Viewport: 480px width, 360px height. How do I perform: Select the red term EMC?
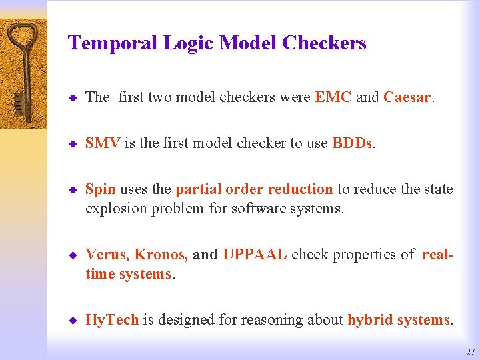click(x=333, y=97)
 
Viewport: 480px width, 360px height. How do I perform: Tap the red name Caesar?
click(x=407, y=97)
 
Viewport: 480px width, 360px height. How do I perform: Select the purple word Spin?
click(x=100, y=189)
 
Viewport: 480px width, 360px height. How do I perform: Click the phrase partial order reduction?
click(x=254, y=189)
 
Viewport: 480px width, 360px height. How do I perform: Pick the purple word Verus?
click(x=107, y=255)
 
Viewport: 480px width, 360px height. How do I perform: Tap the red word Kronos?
click(x=161, y=255)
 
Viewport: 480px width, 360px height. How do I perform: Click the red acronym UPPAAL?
click(x=255, y=255)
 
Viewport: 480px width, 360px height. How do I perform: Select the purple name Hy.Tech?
click(x=112, y=320)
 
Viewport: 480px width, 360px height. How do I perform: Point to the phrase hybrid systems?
click(x=399, y=320)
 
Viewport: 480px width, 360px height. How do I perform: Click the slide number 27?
click(x=470, y=352)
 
